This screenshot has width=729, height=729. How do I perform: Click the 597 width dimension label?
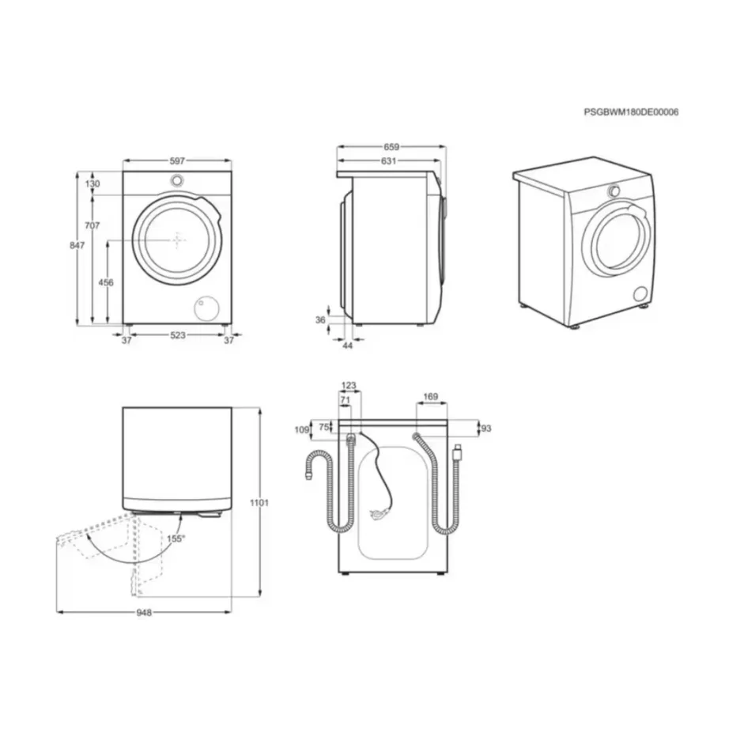click(x=178, y=161)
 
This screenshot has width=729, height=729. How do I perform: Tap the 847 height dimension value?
click(x=77, y=246)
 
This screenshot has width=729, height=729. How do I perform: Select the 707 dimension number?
click(x=93, y=226)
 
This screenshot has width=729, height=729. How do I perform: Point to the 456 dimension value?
click(x=105, y=282)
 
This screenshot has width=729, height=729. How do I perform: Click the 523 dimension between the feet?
click(x=178, y=336)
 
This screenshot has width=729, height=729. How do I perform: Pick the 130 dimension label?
click(x=93, y=183)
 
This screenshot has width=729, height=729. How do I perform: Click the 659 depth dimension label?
click(x=391, y=146)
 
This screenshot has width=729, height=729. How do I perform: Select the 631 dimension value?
click(x=388, y=161)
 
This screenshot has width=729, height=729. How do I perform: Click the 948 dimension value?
click(x=143, y=613)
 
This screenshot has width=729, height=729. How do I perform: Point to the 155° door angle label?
click(x=176, y=538)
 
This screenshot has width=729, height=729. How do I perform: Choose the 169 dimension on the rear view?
click(x=431, y=397)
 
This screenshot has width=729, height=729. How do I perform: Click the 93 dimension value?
click(x=486, y=428)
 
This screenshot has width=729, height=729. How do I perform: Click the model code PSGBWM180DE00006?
click(x=631, y=112)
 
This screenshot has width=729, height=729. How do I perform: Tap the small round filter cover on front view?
click(x=207, y=307)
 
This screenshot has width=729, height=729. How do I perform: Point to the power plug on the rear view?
click(x=377, y=516)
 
